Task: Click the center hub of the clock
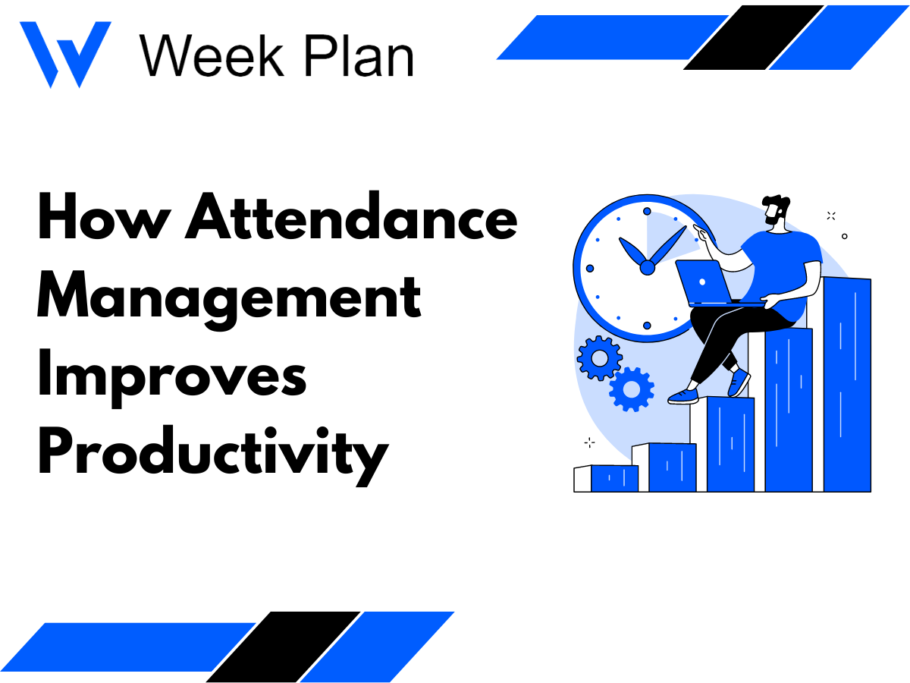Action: (647, 266)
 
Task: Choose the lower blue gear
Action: (631, 389)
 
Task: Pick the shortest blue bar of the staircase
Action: (614, 478)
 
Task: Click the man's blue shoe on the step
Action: (682, 395)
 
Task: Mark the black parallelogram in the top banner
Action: (752, 37)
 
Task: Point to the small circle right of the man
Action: (845, 236)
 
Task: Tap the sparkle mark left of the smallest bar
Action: (589, 442)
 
